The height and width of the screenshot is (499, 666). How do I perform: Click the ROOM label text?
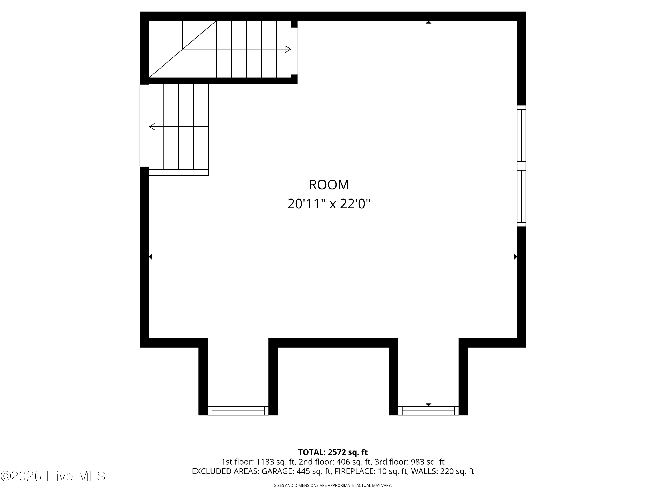(329, 185)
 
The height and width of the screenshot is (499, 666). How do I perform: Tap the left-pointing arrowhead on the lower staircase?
(152, 127)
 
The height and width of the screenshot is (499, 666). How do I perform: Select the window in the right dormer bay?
(428, 411)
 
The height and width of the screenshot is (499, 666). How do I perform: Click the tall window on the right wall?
(521, 166)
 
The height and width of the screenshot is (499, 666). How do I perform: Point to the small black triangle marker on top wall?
(428, 22)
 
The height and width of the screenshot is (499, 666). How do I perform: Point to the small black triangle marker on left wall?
(150, 257)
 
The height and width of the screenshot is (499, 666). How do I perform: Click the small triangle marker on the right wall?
(515, 257)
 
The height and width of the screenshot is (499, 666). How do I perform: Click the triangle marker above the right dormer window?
(428, 405)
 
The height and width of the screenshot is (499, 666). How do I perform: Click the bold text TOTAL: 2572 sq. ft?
(333, 452)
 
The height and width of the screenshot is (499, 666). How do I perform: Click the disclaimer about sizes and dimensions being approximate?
(333, 485)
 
